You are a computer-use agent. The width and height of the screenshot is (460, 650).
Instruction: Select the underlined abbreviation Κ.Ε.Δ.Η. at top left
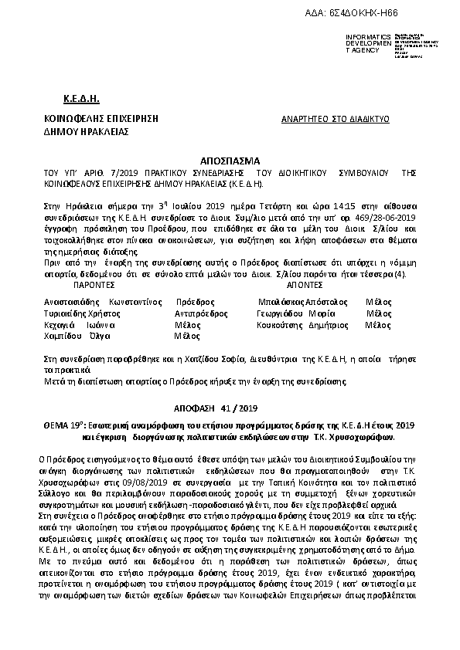[81, 100]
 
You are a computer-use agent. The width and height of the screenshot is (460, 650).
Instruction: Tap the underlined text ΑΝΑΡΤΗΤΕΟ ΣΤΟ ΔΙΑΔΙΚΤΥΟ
[333, 119]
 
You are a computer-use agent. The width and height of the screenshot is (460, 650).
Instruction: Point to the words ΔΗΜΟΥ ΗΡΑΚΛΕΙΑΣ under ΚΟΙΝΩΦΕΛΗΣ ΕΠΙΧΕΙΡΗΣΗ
[86, 131]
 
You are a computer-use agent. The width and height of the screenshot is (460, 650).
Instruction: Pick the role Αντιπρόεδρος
[201, 313]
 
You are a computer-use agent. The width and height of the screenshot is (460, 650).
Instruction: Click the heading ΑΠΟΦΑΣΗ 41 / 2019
[229, 407]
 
